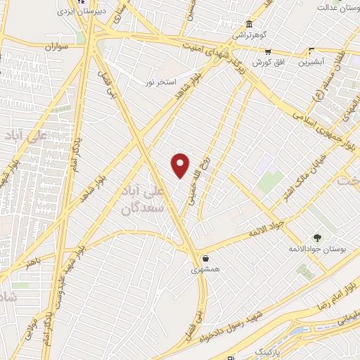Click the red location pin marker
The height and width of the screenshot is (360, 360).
click(x=181, y=165)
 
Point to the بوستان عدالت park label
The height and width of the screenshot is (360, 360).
click(x=336, y=7)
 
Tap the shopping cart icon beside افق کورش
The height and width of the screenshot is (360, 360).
click(x=268, y=51)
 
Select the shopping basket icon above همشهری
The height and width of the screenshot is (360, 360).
click(x=205, y=258)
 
